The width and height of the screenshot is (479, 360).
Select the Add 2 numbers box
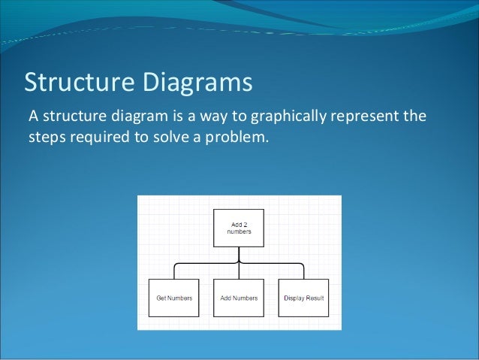click(x=239, y=228)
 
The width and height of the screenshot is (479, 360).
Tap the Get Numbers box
click(x=173, y=298)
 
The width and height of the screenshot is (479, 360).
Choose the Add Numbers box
click(x=239, y=298)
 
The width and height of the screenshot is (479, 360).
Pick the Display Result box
click(x=304, y=298)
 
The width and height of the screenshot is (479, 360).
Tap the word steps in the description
click(x=47, y=138)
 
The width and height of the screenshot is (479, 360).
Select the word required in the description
click(x=99, y=138)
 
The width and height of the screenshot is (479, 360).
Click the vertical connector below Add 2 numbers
click(x=239, y=254)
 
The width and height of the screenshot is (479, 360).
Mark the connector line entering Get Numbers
click(x=174, y=271)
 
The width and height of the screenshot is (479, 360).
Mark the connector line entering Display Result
click(x=303, y=271)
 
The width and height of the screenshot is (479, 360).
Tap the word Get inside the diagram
click(x=161, y=298)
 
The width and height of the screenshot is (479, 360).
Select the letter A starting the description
click(x=32, y=117)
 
